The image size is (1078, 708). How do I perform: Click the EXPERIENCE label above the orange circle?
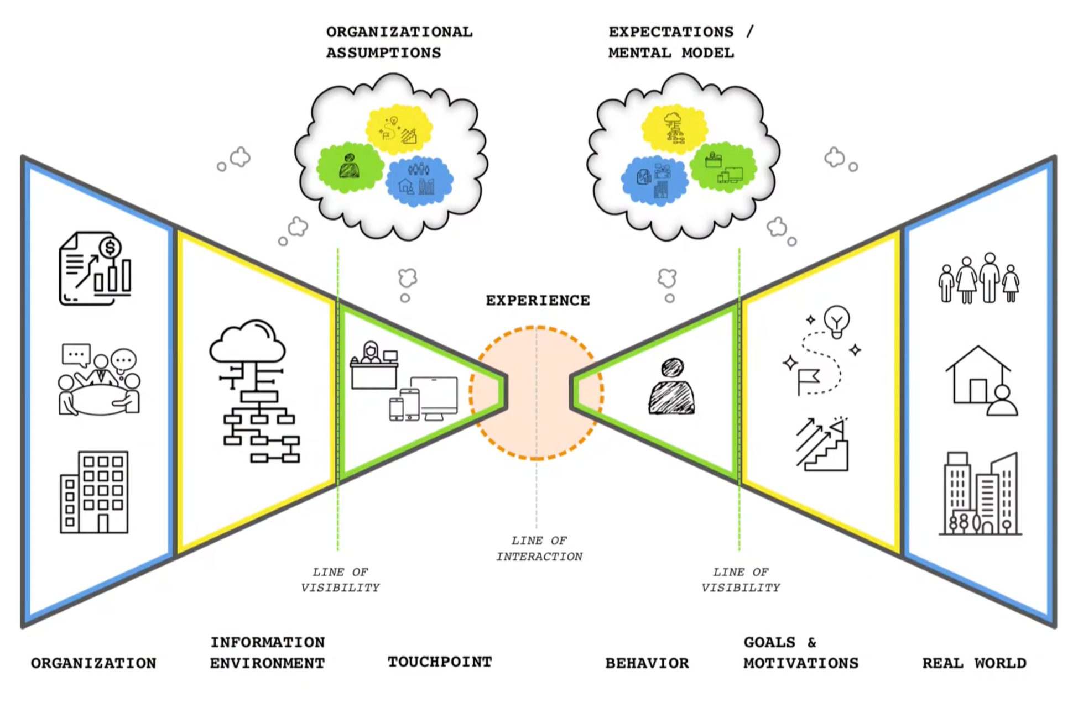pyautogui.click(x=538, y=301)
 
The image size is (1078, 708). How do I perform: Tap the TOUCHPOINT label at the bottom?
pyautogui.click(x=440, y=662)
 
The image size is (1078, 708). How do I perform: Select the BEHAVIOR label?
pyautogui.click(x=647, y=663)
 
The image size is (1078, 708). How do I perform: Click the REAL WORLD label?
pyautogui.click(x=974, y=663)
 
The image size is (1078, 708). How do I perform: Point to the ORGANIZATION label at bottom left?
pyautogui.click(x=93, y=663)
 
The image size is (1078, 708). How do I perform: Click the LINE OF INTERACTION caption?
pyautogui.click(x=539, y=548)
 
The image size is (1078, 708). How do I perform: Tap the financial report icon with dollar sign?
pyautogui.click(x=95, y=269)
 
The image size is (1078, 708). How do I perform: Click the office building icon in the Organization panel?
pyautogui.click(x=94, y=492)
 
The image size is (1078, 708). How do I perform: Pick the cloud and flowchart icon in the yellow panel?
pyautogui.click(x=254, y=390)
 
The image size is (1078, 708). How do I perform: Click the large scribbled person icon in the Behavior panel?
pyautogui.click(x=671, y=387)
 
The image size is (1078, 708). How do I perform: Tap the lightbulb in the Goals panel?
pyautogui.click(x=836, y=321)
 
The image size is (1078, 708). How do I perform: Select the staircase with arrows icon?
pyautogui.click(x=823, y=445)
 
